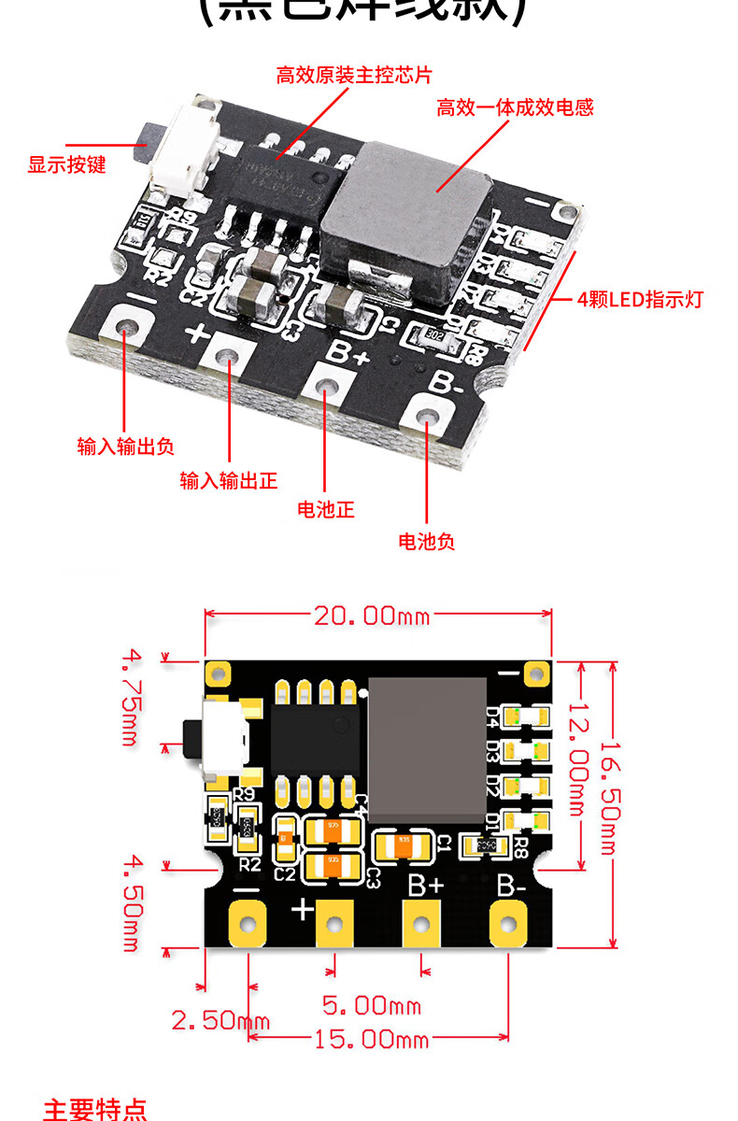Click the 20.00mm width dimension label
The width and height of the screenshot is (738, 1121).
pyautogui.click(x=371, y=616)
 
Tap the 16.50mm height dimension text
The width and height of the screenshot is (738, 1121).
pyautogui.click(x=608, y=799)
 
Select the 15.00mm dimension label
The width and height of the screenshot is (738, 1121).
pyautogui.click(x=371, y=1039)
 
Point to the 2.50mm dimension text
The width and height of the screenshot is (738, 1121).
pyautogui.click(x=220, y=1019)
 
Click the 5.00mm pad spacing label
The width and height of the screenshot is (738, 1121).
pyautogui.click(x=371, y=1005)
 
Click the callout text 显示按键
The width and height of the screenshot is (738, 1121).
pyautogui.click(x=67, y=165)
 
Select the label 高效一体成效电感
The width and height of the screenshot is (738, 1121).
pyautogui.click(x=515, y=107)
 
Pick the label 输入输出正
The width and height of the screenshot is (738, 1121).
pyautogui.click(x=229, y=481)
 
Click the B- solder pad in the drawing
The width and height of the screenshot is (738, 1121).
pyautogui.click(x=508, y=925)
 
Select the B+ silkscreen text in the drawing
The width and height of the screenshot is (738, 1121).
pyautogui.click(x=426, y=885)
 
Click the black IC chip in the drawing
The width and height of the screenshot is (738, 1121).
pyautogui.click(x=315, y=738)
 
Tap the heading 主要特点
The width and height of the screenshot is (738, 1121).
pyautogui.click(x=95, y=1109)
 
